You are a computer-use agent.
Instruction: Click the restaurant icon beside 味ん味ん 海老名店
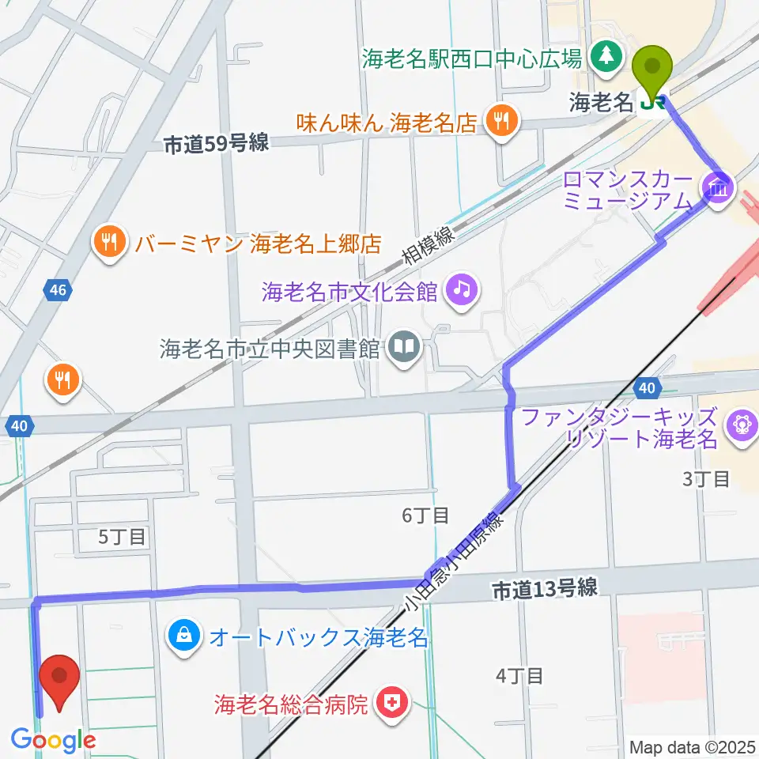pos(500,121)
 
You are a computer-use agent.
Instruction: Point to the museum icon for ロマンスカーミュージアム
pos(719,187)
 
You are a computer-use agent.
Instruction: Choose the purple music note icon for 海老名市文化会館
pos(462,290)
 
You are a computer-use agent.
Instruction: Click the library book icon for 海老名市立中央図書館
pos(405,348)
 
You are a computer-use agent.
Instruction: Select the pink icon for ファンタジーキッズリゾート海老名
pos(742,425)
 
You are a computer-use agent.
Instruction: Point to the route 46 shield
pos(57,290)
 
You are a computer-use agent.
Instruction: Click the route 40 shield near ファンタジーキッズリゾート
pos(647,387)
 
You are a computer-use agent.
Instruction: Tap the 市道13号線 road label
pos(543,588)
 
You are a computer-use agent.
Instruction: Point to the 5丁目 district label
pos(121,537)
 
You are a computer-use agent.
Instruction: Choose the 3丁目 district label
pos(705,478)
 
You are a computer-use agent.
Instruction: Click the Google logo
pos(54,740)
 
